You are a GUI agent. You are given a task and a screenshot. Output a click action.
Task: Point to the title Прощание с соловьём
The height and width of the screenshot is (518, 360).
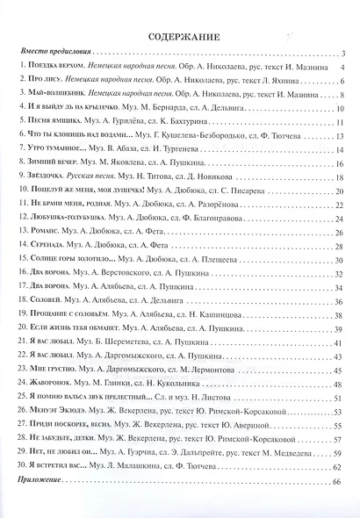[x=68, y=315]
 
